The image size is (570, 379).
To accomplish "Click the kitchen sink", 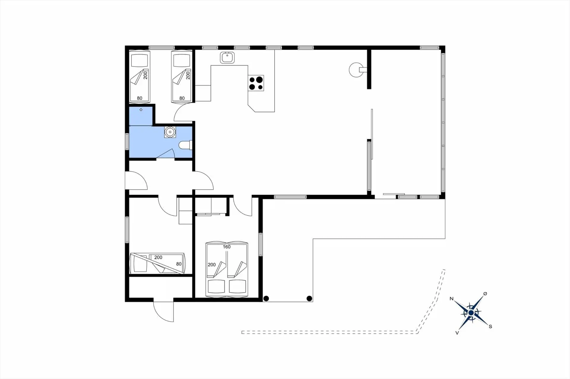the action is pyautogui.click(x=227, y=57).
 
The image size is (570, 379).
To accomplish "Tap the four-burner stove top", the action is pyautogui.click(x=256, y=83).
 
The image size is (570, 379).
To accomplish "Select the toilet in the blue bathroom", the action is pyautogui.click(x=186, y=145).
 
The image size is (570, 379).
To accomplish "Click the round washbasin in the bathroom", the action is pyautogui.click(x=170, y=132).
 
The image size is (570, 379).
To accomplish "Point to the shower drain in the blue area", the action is pyautogui.click(x=141, y=110).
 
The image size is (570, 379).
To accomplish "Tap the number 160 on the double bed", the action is pyautogui.click(x=227, y=247).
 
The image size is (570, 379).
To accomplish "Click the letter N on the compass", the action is pyautogui.click(x=452, y=298).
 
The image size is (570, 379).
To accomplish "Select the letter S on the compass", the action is pyautogui.click(x=490, y=327).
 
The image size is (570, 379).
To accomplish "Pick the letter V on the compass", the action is pyautogui.click(x=457, y=333).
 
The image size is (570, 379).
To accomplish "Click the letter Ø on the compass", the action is pyautogui.click(x=485, y=293).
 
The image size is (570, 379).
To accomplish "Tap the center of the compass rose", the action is pyautogui.click(x=471, y=313).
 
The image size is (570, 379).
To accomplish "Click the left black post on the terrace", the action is pyautogui.click(x=266, y=298).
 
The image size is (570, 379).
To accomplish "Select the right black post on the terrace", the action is pyautogui.click(x=309, y=298).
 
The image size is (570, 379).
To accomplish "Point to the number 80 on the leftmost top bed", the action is pyautogui.click(x=140, y=98).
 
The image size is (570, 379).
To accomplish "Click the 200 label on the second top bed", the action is pyautogui.click(x=188, y=75).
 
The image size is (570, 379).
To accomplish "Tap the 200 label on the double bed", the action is pyautogui.click(x=212, y=265).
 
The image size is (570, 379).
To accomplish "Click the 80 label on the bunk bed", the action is pyautogui.click(x=179, y=264).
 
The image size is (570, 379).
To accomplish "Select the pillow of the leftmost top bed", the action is pyautogui.click(x=140, y=61).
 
